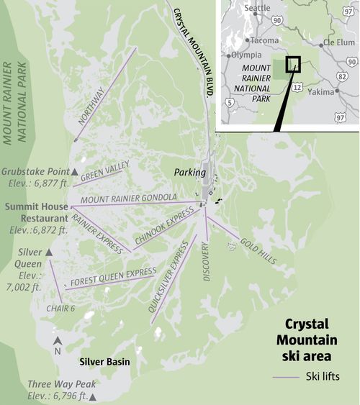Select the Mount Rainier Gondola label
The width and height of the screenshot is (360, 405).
129,198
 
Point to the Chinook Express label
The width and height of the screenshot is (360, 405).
166,227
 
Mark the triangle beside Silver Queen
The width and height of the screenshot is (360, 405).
49,253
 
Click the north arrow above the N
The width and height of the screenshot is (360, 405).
58,340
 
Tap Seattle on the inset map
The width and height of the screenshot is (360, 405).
258,8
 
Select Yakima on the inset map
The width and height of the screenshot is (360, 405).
323,92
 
